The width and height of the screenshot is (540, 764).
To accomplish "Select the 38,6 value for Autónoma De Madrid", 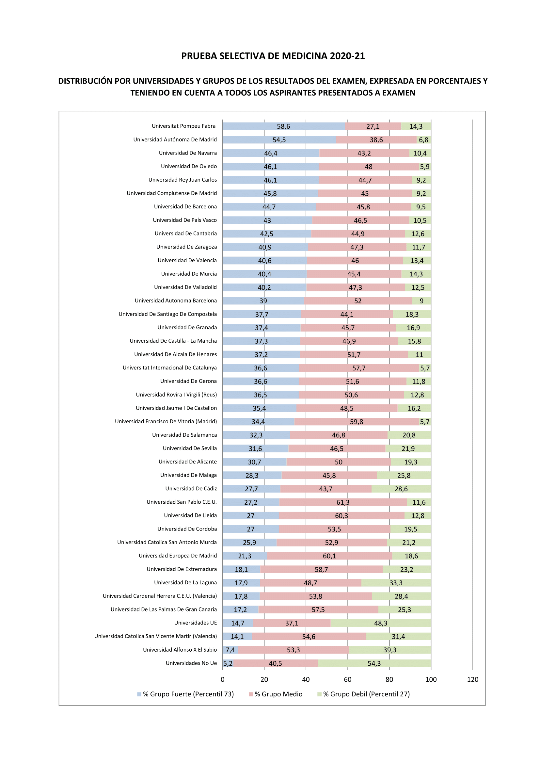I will (x=376, y=140).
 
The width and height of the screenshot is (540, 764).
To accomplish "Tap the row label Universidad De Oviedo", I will (x=188, y=166).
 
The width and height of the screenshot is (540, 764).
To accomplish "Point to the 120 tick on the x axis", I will (x=472, y=679).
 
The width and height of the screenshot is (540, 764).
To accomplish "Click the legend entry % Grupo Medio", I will (x=278, y=694).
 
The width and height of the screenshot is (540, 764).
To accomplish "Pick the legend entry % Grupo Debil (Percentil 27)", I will (x=366, y=694).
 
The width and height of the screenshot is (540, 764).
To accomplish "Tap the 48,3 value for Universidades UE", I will (x=380, y=623).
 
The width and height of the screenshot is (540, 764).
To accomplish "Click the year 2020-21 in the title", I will (x=347, y=56).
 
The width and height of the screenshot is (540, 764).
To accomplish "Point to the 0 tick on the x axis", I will (x=222, y=679).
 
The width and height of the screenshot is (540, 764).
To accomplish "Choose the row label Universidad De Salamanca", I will (x=184, y=435).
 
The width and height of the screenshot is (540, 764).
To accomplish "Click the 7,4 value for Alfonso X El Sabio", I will (x=230, y=650).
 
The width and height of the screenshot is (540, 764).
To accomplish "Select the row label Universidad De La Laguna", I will (x=185, y=583).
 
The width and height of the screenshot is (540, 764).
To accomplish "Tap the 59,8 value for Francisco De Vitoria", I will (x=356, y=422).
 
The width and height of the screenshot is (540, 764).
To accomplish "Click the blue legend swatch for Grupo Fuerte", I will (x=139, y=694).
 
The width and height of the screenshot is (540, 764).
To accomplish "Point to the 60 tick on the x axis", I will (x=347, y=679).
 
